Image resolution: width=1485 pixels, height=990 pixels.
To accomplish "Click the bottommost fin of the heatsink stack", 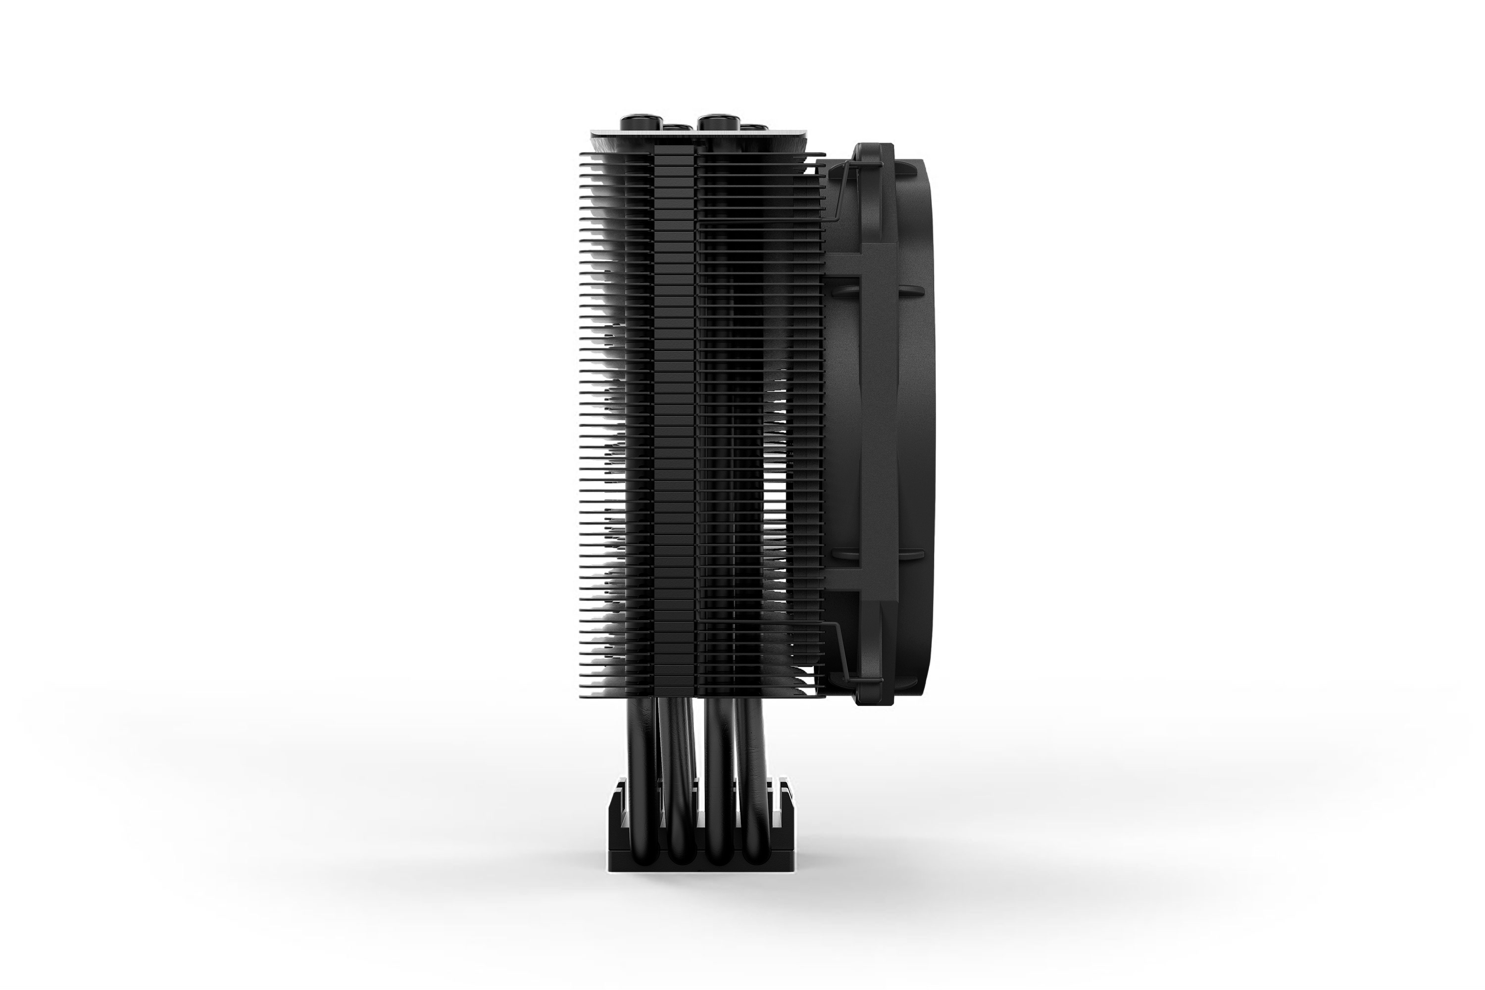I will click(x=701, y=694).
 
